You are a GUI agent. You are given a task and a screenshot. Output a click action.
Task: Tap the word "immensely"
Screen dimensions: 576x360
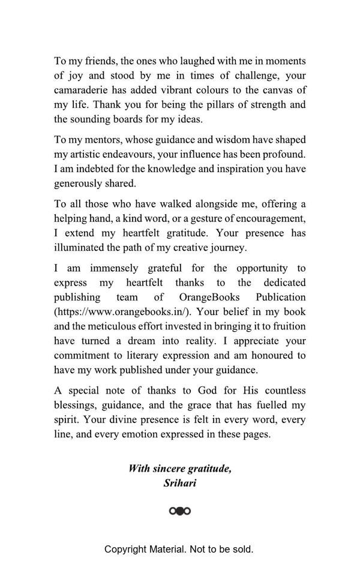(115, 268)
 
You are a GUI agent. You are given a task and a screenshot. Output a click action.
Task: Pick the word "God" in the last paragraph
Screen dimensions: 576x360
(203, 390)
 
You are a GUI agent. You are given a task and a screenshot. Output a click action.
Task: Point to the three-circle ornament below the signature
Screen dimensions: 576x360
(180, 511)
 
